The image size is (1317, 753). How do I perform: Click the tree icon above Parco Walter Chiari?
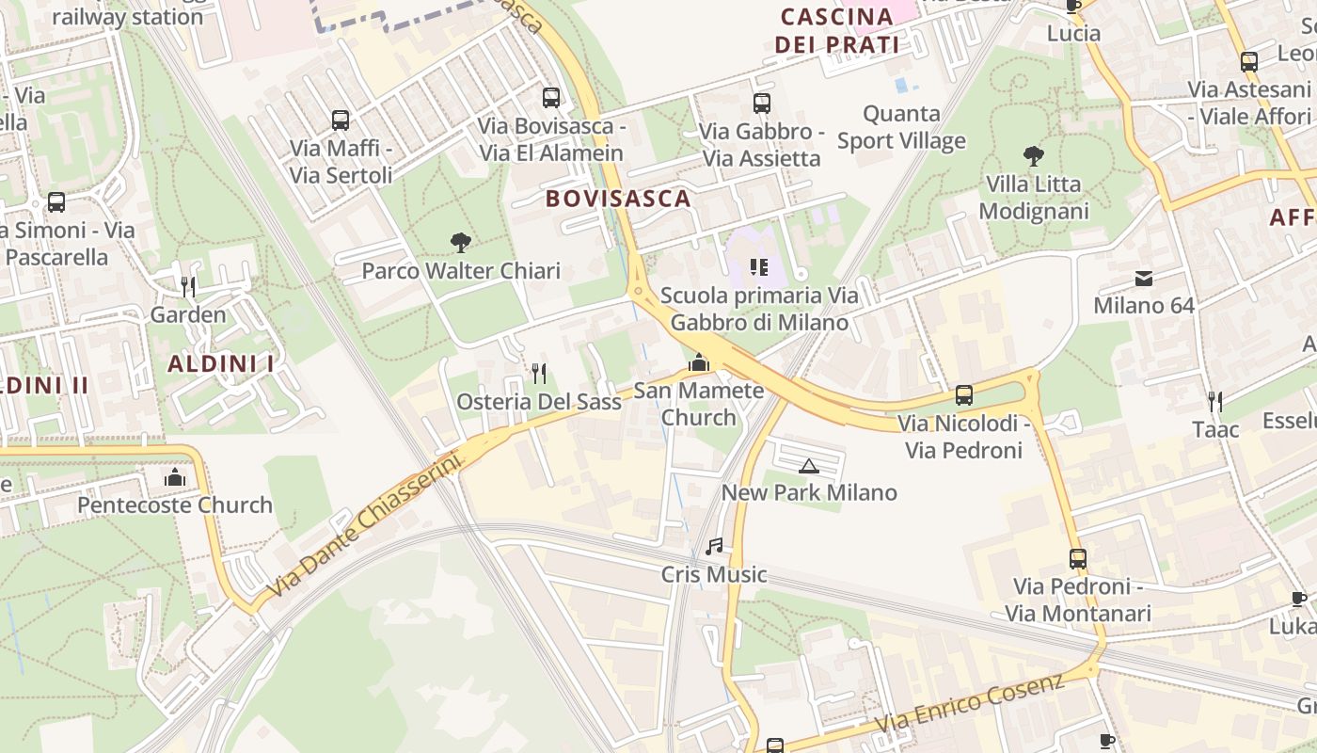(460, 243)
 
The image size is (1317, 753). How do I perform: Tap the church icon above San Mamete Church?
(698, 362)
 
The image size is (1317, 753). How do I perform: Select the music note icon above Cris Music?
(714, 547)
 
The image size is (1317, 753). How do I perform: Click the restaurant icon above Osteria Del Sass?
(539, 374)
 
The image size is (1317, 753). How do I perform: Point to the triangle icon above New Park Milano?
(808, 465)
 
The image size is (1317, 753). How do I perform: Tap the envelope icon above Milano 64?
(1144, 279)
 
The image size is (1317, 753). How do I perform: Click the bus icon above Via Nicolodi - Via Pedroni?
(964, 395)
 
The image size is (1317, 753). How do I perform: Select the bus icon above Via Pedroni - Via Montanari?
(1078, 559)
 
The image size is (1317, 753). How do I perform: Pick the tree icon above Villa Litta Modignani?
(1033, 156)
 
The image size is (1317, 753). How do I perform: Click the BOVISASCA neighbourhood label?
(618, 199)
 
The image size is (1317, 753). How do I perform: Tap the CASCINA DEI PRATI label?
(836, 30)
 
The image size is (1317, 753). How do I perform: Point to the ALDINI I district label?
(221, 363)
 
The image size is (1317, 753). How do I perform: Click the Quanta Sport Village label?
(901, 127)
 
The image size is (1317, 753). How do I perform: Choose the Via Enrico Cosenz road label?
(970, 704)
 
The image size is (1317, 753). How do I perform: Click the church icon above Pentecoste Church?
(175, 478)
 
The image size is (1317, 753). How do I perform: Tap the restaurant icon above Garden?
(188, 286)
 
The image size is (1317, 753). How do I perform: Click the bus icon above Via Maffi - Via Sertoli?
(341, 120)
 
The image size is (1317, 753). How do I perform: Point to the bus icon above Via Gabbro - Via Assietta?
(762, 104)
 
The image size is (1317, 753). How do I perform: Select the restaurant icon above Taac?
(1215, 402)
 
